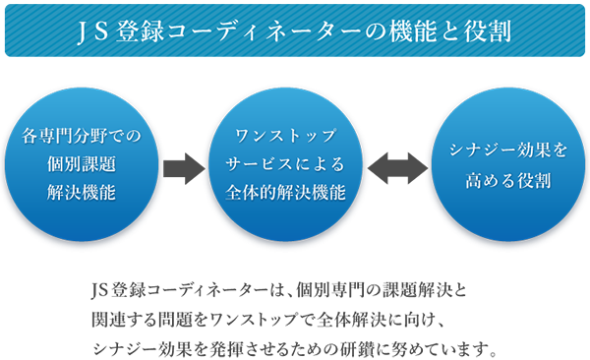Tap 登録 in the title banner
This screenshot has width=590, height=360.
[140, 30]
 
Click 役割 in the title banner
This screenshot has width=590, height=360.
[488, 30]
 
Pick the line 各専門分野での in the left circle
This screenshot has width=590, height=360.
[82, 136]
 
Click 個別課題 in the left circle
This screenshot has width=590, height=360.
[82, 164]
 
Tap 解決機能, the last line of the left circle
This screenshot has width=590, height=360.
[82, 193]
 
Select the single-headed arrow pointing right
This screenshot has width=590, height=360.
[184, 169]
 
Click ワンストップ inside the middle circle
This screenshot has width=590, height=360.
[285, 136]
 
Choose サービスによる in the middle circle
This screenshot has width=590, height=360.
[285, 164]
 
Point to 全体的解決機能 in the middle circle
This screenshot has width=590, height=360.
[285, 193]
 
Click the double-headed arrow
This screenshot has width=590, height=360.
[397, 168]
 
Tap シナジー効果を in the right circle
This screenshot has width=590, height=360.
[508, 150]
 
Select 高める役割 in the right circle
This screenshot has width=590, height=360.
[508, 180]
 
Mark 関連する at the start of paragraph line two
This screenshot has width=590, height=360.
[124, 320]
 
